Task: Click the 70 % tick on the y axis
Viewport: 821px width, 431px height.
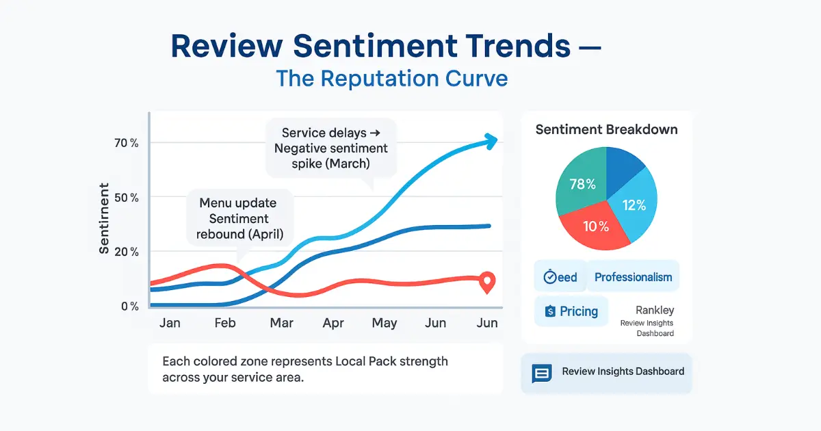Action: [126, 143]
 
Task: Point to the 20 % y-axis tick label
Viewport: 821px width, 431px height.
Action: [126, 252]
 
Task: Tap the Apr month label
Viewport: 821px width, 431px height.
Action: [333, 323]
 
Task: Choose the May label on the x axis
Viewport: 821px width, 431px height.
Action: [384, 323]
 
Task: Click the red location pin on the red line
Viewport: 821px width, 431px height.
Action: [487, 281]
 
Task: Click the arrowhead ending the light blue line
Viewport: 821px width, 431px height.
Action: [490, 140]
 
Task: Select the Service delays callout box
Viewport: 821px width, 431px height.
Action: [330, 148]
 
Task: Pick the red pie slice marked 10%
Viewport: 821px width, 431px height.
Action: [595, 226]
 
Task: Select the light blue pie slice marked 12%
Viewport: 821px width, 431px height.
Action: [634, 205]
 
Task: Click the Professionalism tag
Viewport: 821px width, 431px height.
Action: [633, 277]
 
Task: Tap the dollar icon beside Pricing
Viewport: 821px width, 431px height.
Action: [549, 311]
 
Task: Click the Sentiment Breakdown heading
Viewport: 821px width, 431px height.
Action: [606, 129]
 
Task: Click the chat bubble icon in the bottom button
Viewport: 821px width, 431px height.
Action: [542, 373]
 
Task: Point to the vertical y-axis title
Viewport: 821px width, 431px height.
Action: [104, 218]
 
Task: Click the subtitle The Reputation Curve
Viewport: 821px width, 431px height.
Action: [392, 78]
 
